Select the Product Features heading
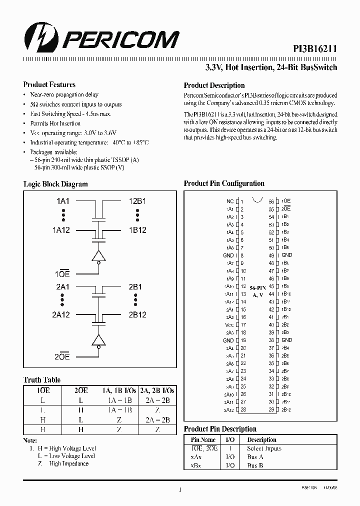pos(49,85)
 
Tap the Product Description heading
pos(214,85)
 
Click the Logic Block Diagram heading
pos(55,184)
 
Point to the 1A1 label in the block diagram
pos(63,201)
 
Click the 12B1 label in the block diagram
pos(137,201)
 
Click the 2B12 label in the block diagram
pos(137,315)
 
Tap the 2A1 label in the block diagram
pos(63,287)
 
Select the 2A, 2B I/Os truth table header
pos(157,390)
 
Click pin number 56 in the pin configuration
pos(271,201)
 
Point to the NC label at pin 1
pos(230,201)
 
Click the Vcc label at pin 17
pos(229,324)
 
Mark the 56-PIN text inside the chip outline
pos(256,288)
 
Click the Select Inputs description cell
pos(264,448)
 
